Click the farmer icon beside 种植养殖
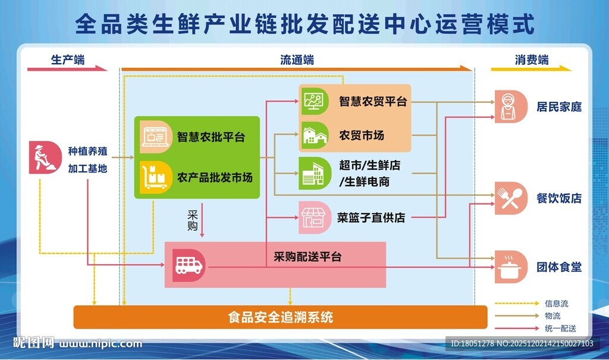tap(42, 158)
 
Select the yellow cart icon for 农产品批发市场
tap(153, 177)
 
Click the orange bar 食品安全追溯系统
tap(280, 317)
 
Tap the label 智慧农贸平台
tap(373, 101)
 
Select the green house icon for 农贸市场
tap(314, 135)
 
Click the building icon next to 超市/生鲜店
tap(314, 173)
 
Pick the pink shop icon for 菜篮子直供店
tap(314, 217)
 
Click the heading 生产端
tap(67, 60)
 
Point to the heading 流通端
tap(297, 60)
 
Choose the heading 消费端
tap(531, 60)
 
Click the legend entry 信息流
tap(556, 303)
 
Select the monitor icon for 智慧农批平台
tap(153, 136)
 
